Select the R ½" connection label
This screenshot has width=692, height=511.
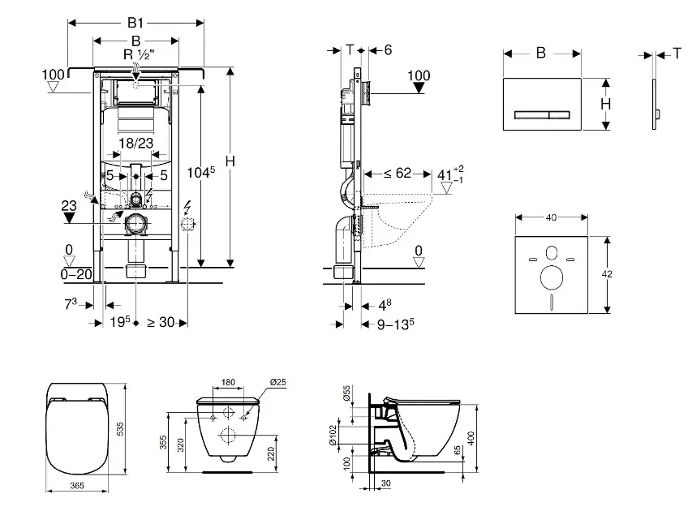point(135,55)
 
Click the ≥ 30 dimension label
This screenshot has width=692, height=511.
point(161,323)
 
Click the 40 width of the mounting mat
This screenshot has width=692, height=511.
point(552,217)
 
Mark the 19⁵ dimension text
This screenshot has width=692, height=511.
point(122,323)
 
